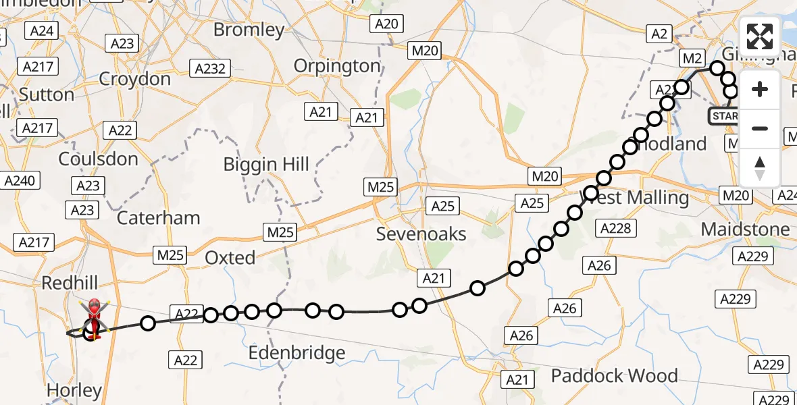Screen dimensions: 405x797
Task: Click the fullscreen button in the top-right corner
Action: pos(760,36)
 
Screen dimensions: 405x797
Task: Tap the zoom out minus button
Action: pos(760,128)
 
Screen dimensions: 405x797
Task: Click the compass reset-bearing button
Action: pos(760,167)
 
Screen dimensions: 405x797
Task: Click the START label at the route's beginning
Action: pos(723,116)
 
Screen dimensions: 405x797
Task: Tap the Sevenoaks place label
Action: pos(421,234)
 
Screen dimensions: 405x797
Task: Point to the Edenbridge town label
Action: pos(297,353)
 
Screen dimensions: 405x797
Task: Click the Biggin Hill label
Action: pos(267,164)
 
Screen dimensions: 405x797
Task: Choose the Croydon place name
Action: pos(134,79)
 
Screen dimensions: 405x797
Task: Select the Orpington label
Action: pos(337,66)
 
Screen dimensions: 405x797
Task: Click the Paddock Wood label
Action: pos(615,375)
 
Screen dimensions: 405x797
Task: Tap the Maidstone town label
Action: pos(745,229)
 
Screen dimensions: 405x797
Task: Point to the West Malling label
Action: pos(635,198)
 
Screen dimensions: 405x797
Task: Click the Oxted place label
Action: pos(230,258)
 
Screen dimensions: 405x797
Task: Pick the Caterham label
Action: pos(158,218)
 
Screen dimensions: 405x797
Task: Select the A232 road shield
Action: pos(210,68)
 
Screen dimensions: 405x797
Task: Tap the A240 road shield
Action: pos(22,181)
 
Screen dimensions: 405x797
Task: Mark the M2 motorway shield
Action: pos(692,59)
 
